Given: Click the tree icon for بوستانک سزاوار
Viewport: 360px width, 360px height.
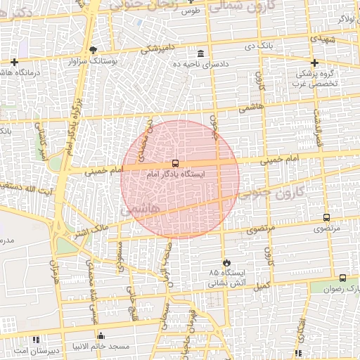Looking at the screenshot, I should pos(94,50).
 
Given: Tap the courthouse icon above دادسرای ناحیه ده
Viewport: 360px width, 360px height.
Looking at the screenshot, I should pos(201,54).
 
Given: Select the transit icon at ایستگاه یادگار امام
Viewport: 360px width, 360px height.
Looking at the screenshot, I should pos(175,163).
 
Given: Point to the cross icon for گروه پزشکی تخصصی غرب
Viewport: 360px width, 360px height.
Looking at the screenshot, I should pos(315,63).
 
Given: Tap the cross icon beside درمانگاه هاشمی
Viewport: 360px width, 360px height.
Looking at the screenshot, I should pos(14,63).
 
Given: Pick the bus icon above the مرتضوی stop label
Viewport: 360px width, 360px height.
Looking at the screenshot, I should pos(326,218).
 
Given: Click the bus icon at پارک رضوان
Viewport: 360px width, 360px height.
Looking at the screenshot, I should pos(342,278).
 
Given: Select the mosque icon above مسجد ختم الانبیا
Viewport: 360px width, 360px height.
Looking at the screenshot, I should pos(101,336).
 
